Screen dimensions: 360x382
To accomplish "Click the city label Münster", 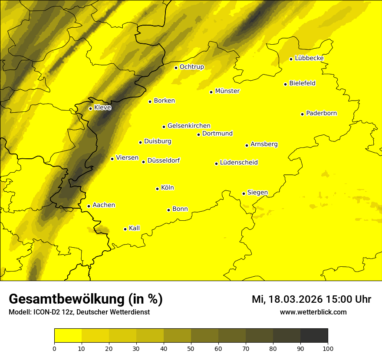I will tap(227, 91).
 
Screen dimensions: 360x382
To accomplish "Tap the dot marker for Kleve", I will tap(90, 108).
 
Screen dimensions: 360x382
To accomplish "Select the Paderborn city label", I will tap(321, 113).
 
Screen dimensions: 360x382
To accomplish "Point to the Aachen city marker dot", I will tap(89, 206).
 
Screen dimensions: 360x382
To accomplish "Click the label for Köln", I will tap(167, 188).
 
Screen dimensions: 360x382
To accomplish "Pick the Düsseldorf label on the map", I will tap(163, 160).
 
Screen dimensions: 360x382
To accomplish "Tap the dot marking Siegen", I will tap(244, 193).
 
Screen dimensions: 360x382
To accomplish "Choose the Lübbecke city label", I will tap(309, 58).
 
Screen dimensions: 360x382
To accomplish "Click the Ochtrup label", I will tap(191, 67).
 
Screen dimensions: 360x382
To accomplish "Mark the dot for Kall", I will tap(125, 229).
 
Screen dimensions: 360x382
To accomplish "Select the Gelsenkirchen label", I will tap(189, 126).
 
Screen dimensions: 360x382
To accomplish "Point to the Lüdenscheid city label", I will tap(239, 163).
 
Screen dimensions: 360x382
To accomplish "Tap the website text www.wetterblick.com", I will tap(313, 312).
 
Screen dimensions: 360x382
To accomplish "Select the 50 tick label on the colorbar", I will tap(191, 348).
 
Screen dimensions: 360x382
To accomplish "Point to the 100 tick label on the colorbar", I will tap(328, 348).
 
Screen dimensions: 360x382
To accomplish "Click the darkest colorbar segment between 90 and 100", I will tap(314, 336).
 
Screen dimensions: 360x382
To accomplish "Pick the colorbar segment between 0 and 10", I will tap(68, 336).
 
